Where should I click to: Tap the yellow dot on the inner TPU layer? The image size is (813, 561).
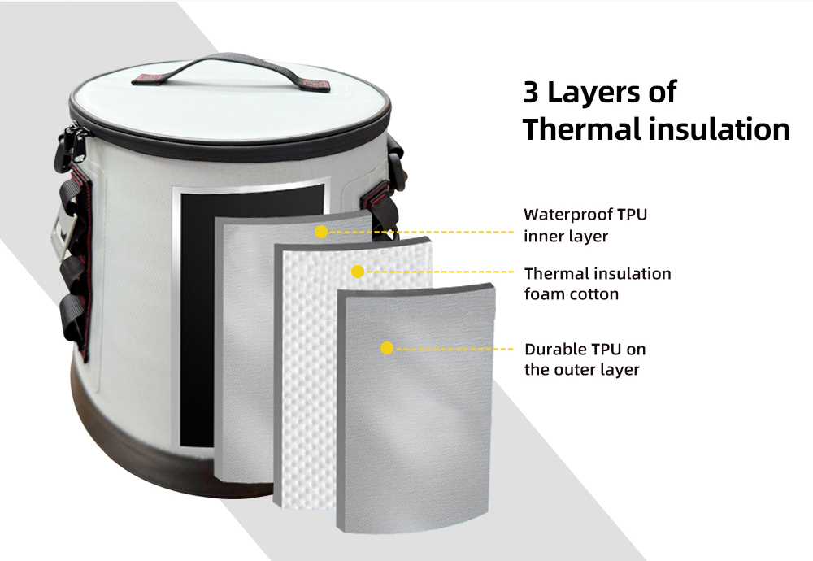coord(321,232)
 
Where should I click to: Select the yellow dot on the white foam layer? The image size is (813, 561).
coord(358,272)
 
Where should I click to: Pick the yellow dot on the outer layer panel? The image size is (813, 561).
coord(387,348)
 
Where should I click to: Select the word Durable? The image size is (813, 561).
coord(555,350)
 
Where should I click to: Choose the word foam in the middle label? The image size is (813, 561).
coord(545,294)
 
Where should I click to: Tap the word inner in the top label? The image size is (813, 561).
coord(539,237)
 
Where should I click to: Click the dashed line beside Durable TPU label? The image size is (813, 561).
coord(454,349)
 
